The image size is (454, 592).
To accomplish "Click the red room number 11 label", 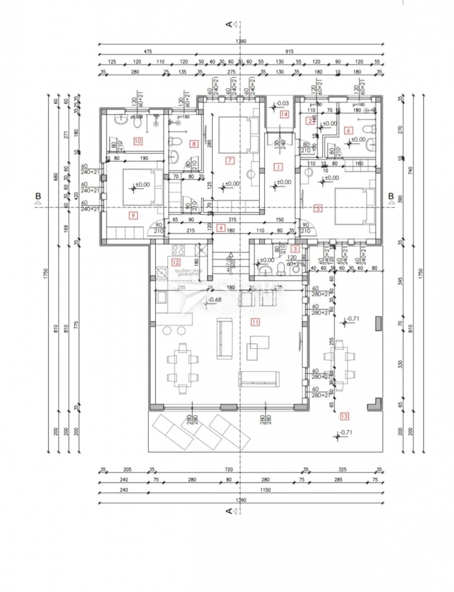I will click(x=254, y=322).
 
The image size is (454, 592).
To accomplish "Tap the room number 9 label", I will click(x=132, y=215).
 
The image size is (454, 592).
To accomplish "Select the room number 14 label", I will click(x=283, y=114).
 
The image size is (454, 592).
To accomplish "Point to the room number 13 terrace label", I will click(x=344, y=415).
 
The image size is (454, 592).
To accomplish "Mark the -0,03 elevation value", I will click(x=282, y=103).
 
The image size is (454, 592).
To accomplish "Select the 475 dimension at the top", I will click(x=147, y=51).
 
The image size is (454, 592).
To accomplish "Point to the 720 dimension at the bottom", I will click(x=229, y=470).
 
